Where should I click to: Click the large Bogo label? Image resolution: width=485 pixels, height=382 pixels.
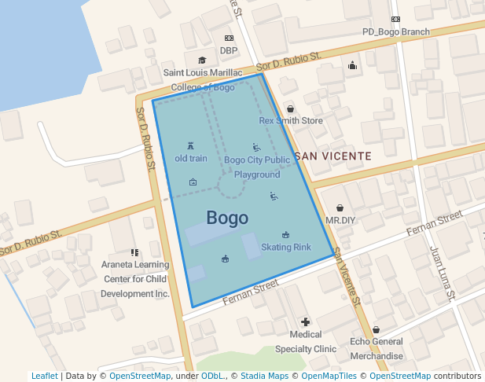point(227,218)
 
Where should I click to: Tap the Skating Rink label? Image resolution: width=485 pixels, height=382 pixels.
point(285,247)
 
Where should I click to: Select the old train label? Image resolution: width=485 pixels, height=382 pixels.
point(191,158)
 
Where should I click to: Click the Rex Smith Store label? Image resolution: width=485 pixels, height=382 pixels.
point(291,121)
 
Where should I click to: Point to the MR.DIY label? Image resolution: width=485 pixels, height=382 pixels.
point(340,220)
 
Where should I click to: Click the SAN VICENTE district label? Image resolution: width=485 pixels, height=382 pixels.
point(332,156)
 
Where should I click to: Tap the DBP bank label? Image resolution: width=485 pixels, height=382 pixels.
point(229,50)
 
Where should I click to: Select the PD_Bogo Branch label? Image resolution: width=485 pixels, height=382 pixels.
point(395,32)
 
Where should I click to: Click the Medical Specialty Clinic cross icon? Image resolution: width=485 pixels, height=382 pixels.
point(306,322)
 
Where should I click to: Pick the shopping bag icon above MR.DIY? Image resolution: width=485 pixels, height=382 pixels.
point(340,208)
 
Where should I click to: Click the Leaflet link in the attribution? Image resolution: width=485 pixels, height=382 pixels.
point(44,376)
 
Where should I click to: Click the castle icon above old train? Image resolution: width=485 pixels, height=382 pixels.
point(191,145)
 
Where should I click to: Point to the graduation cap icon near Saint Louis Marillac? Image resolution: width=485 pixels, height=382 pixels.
point(202,60)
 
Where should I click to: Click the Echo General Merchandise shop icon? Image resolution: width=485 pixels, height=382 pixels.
point(376,329)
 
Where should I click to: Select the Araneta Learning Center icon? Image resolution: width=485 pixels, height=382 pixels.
point(135,252)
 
